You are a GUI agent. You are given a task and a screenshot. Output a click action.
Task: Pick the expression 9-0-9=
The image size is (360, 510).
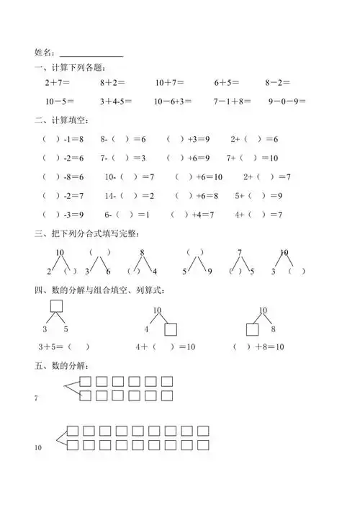point(287,102)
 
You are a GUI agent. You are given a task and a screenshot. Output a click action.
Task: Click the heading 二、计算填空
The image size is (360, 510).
point(60,120)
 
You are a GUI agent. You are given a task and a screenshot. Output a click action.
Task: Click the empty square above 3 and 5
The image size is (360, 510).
point(55,307)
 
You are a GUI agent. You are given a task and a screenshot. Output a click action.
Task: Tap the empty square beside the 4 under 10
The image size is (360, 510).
point(171,330)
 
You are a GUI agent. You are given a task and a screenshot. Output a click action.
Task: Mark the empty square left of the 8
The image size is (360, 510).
point(253,330)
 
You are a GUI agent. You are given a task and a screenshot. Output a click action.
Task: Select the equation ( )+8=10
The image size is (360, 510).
point(258,347)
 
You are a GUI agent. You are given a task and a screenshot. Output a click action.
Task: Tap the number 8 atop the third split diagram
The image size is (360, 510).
point(143,252)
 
